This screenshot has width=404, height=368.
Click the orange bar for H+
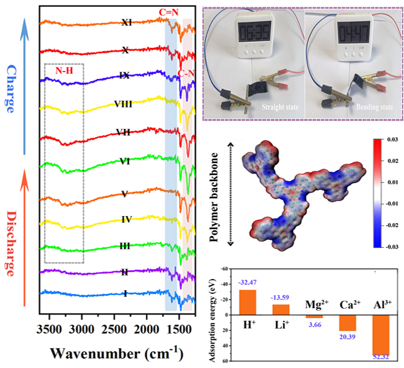coord(247,302)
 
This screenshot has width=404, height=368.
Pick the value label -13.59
coord(281,297)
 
